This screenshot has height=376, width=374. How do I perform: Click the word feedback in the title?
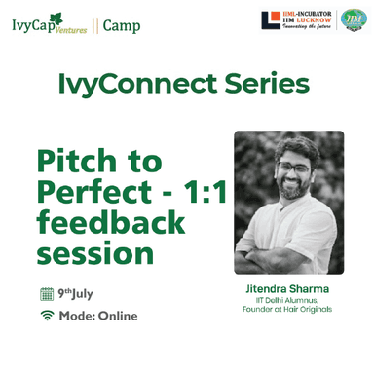point(110,223)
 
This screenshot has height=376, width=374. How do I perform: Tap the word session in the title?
point(93,253)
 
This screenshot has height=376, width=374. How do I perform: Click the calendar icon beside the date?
point(46,293)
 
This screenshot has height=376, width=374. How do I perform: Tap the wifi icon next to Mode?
point(46,316)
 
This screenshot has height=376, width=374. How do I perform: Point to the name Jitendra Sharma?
point(288,289)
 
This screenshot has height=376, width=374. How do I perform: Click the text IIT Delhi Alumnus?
point(288,301)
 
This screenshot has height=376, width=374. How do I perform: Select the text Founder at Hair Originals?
point(288,311)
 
